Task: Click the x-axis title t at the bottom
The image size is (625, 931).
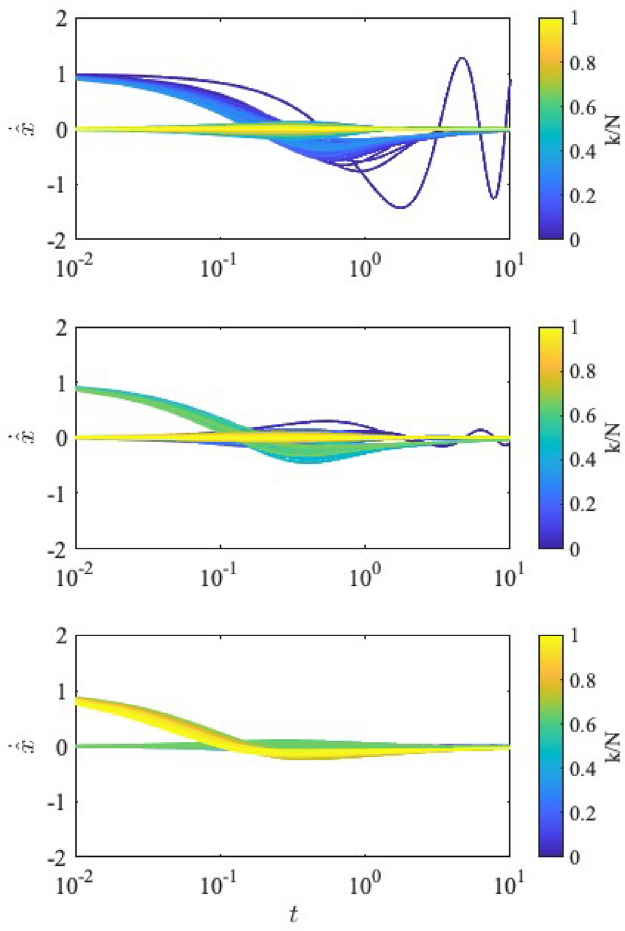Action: [x=294, y=914]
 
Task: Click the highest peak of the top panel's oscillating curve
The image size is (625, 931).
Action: [x=462, y=58]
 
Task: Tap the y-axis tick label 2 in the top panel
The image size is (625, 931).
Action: [x=61, y=19]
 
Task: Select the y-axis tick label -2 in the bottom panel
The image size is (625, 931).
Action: [x=57, y=858]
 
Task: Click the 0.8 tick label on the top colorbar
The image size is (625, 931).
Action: [x=582, y=63]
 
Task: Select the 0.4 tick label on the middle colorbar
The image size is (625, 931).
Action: [x=582, y=460]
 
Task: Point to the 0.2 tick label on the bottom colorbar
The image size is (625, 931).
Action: [x=582, y=813]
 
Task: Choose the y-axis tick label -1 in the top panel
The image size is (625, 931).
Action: [x=57, y=185]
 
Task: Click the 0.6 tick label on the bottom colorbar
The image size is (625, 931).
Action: [x=582, y=725]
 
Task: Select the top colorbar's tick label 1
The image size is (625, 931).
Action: [x=574, y=19]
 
